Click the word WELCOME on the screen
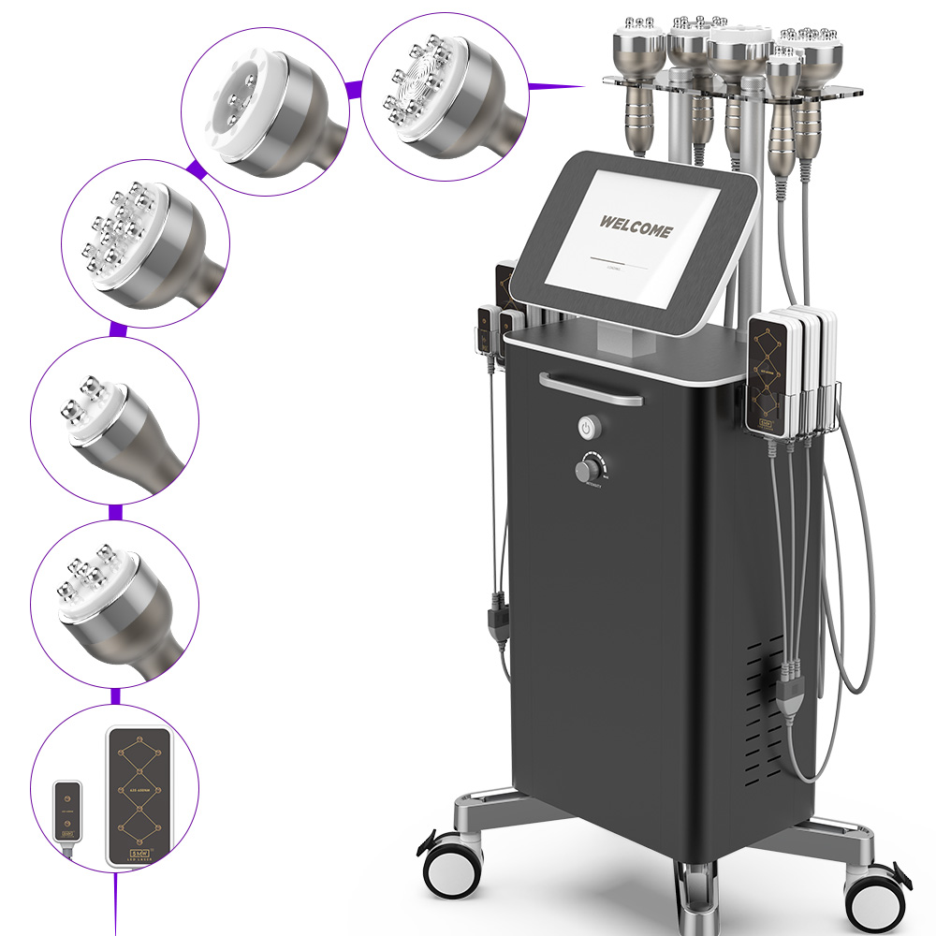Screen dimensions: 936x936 pyautogui.click(x=636, y=226)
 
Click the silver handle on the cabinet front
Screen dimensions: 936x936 pyautogui.click(x=591, y=388)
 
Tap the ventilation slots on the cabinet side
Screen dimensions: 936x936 pyautogui.click(x=763, y=711)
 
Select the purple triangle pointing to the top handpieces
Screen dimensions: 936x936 pyautogui.click(x=557, y=86)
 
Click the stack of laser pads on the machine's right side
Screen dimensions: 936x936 pyautogui.click(x=791, y=374)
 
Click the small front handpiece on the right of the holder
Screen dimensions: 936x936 pyautogui.click(x=782, y=103)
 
